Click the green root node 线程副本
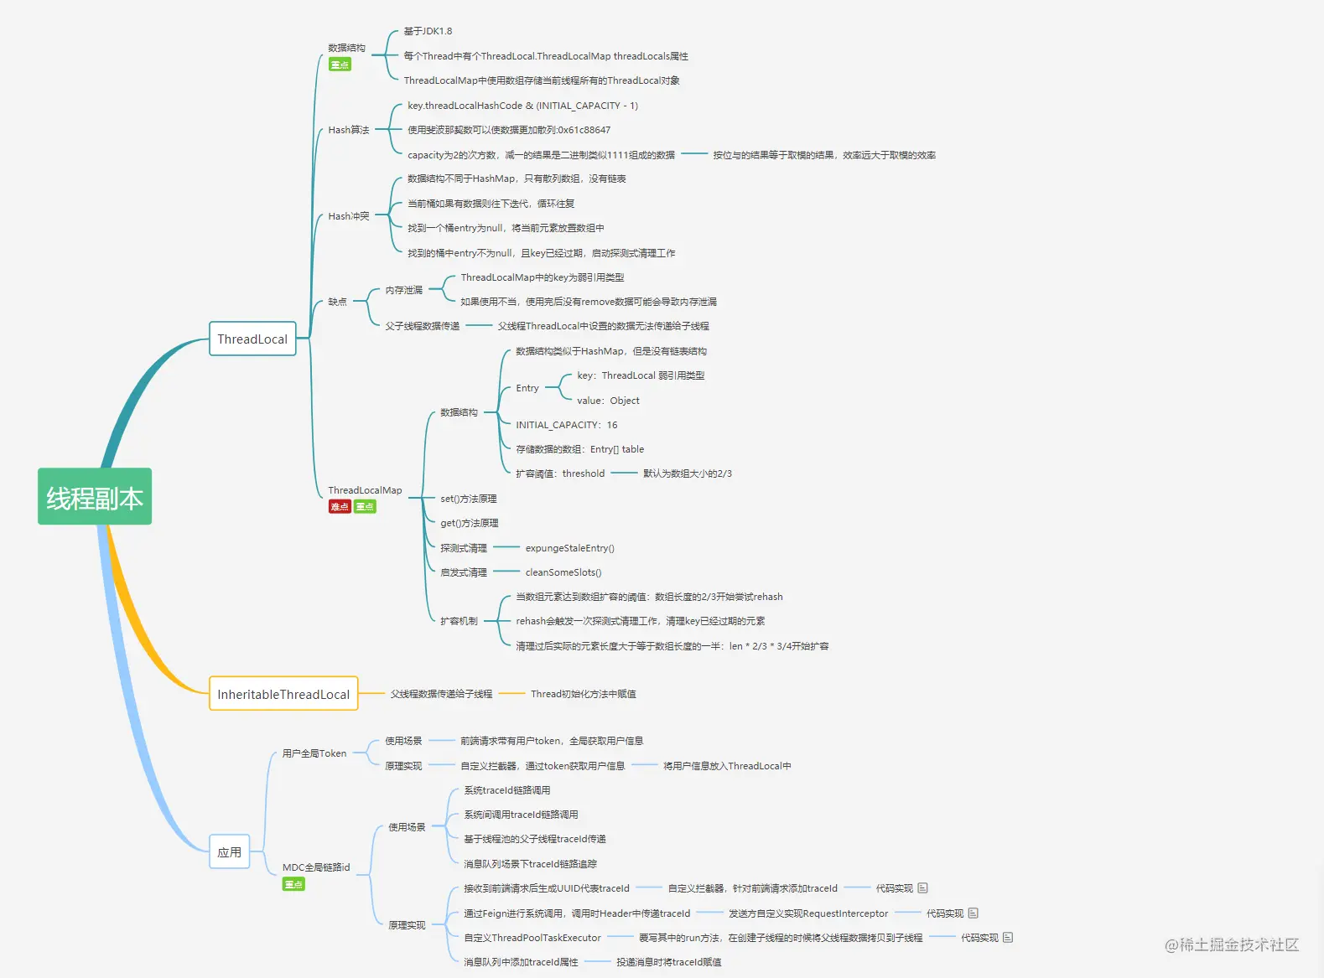click(x=94, y=496)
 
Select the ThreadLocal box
click(x=252, y=339)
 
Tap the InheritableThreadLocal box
click(x=283, y=693)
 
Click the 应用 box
click(x=229, y=851)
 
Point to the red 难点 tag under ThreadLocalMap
click(x=340, y=507)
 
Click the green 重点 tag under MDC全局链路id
click(x=293, y=884)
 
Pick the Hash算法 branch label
click(x=349, y=130)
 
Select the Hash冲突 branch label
click(x=349, y=216)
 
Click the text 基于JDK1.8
click(x=428, y=31)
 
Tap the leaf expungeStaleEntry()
click(x=569, y=548)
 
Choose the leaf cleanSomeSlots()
click(x=563, y=572)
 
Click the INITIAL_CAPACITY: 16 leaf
click(x=567, y=425)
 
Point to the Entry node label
click(x=527, y=388)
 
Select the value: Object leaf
click(x=608, y=401)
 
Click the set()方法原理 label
click(x=469, y=499)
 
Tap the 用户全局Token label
click(x=314, y=753)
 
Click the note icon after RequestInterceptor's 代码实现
click(x=973, y=913)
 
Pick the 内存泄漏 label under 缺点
click(x=403, y=290)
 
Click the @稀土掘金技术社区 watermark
click(x=1232, y=944)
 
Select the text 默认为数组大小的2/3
click(x=687, y=473)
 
